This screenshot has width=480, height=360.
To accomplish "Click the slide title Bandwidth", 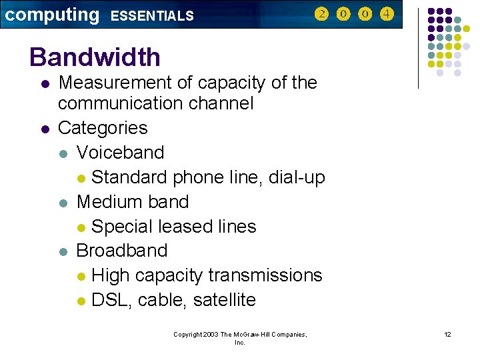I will coord(95,57).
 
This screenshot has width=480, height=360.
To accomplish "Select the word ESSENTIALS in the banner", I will coord(151,15).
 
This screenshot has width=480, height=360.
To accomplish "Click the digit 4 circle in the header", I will coord(387,14).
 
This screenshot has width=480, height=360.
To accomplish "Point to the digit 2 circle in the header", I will coord(321,14).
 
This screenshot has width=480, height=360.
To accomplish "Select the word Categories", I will coord(103,127).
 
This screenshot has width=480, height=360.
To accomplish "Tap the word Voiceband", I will coord(120,152).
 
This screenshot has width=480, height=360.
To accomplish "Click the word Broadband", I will coord(122,251).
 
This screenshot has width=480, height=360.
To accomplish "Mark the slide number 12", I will coord(447,334).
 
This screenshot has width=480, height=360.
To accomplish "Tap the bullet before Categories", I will coord(44,128).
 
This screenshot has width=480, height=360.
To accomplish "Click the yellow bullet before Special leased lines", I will coord(81,227).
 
